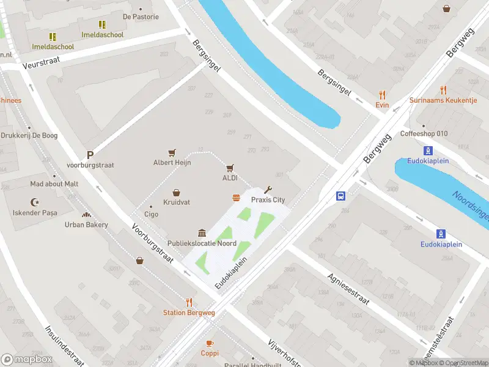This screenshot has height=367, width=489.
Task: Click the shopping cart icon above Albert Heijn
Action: tap(172, 152)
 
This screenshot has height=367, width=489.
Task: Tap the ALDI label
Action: tap(230, 178)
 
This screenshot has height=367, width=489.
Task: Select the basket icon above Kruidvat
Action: tap(176, 192)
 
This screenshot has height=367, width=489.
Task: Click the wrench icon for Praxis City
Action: tap(267, 190)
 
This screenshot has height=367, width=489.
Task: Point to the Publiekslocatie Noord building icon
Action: tap(202, 233)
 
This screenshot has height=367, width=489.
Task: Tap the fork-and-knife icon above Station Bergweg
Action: tap(189, 302)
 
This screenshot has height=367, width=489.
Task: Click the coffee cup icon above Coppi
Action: tap(210, 343)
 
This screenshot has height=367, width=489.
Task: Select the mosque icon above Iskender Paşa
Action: tap(35, 202)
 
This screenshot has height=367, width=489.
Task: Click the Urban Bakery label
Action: tap(86, 224)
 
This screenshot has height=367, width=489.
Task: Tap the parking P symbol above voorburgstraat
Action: tap(90, 155)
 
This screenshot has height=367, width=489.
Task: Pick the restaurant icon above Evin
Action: tap(383, 95)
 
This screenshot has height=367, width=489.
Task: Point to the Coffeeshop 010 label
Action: tap(424, 134)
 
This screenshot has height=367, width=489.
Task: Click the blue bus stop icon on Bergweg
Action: tap(340, 196)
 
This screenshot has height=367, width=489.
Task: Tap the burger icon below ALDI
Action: tap(236, 197)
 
